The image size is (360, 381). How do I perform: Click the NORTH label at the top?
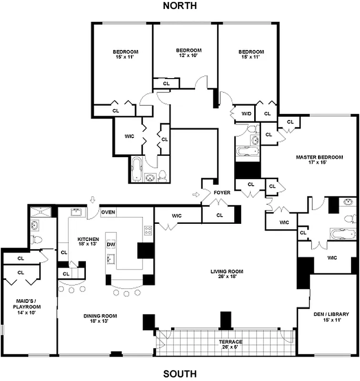click(180, 6)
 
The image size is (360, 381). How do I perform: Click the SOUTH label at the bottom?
click(180, 374)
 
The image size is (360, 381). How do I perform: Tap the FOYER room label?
click(222, 193)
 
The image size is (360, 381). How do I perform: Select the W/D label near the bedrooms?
click(246, 114)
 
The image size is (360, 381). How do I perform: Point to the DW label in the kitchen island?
click(111, 244)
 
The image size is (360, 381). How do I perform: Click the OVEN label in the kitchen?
click(108, 212)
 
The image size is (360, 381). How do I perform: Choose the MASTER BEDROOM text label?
click(319, 160)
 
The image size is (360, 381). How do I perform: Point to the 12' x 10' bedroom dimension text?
click(188, 55)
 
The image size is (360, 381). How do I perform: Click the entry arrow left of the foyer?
click(195, 194)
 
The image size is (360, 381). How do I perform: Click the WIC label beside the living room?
click(176, 216)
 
